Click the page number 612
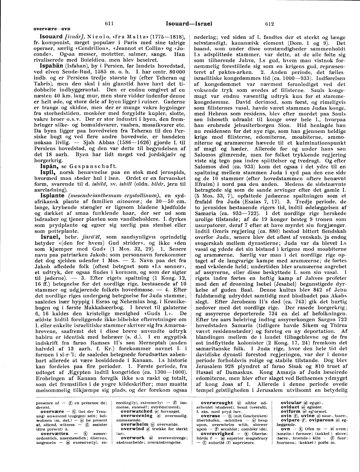[269, 24]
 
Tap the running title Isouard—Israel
[189, 24]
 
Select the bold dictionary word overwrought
[216, 403]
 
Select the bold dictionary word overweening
[136, 416]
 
